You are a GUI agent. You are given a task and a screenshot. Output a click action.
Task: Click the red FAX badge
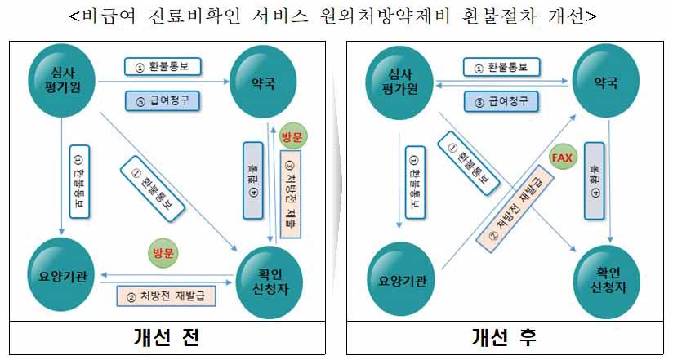pyautogui.click(x=562, y=157)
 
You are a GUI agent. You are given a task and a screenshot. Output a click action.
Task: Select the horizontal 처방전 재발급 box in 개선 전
pyautogui.click(x=167, y=295)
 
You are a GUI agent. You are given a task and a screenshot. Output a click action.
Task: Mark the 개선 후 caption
pyautogui.click(x=504, y=337)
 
